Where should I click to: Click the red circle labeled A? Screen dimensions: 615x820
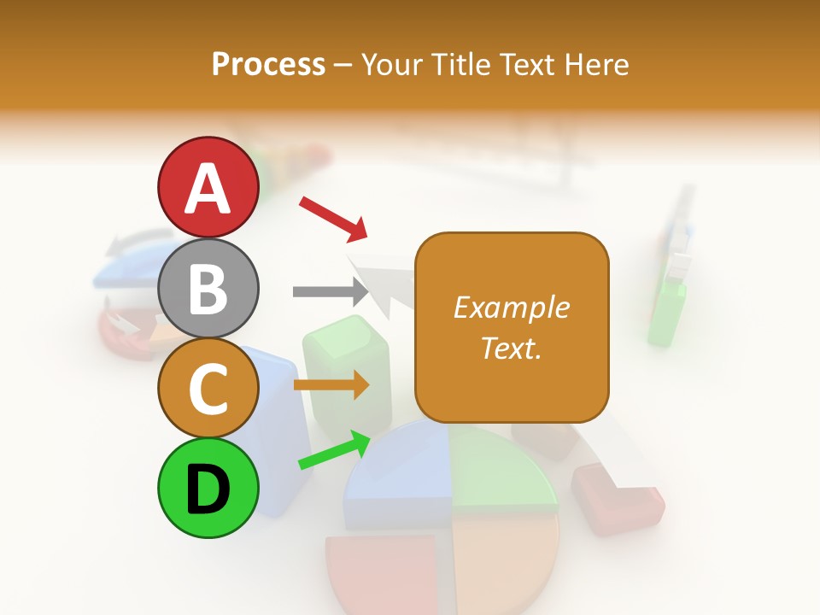point(208,187)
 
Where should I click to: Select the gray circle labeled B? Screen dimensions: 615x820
point(208,288)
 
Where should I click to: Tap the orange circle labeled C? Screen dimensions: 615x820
point(208,388)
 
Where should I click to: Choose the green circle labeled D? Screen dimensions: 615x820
point(208,488)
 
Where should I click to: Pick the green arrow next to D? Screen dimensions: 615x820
point(334,451)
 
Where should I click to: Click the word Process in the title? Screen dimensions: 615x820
point(268,65)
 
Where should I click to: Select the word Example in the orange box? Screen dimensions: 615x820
point(511,307)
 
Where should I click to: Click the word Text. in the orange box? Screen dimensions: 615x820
point(511,348)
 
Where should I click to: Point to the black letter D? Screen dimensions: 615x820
point(208,489)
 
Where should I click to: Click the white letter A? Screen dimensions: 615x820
point(208,189)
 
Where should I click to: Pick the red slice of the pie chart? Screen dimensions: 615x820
point(384,572)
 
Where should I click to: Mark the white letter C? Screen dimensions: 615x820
point(208,389)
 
